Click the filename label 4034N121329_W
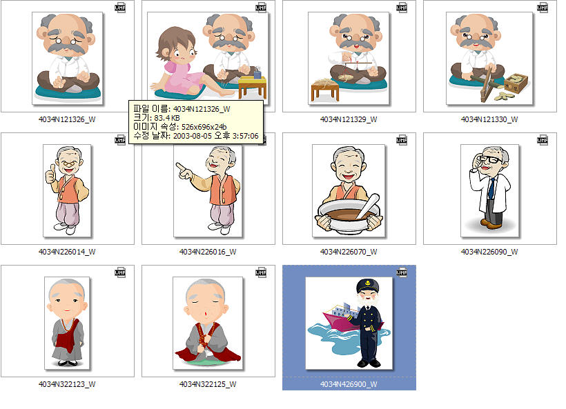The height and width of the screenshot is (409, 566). (x=349, y=119)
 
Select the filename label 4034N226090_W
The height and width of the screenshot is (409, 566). (x=489, y=252)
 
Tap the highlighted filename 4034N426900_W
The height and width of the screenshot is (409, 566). (x=349, y=384)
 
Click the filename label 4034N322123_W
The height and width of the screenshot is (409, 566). (x=67, y=384)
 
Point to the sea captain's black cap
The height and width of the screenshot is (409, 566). (x=367, y=286)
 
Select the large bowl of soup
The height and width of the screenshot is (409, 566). (x=349, y=217)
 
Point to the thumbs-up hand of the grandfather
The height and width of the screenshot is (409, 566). (x=50, y=174)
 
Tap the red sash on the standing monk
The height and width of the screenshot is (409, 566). (x=67, y=339)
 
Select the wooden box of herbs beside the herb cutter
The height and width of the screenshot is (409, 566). (x=516, y=83)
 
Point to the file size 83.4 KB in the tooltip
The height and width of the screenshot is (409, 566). (x=167, y=118)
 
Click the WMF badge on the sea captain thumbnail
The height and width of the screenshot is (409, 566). (x=402, y=272)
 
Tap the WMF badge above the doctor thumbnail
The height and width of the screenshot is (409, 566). (x=542, y=140)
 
